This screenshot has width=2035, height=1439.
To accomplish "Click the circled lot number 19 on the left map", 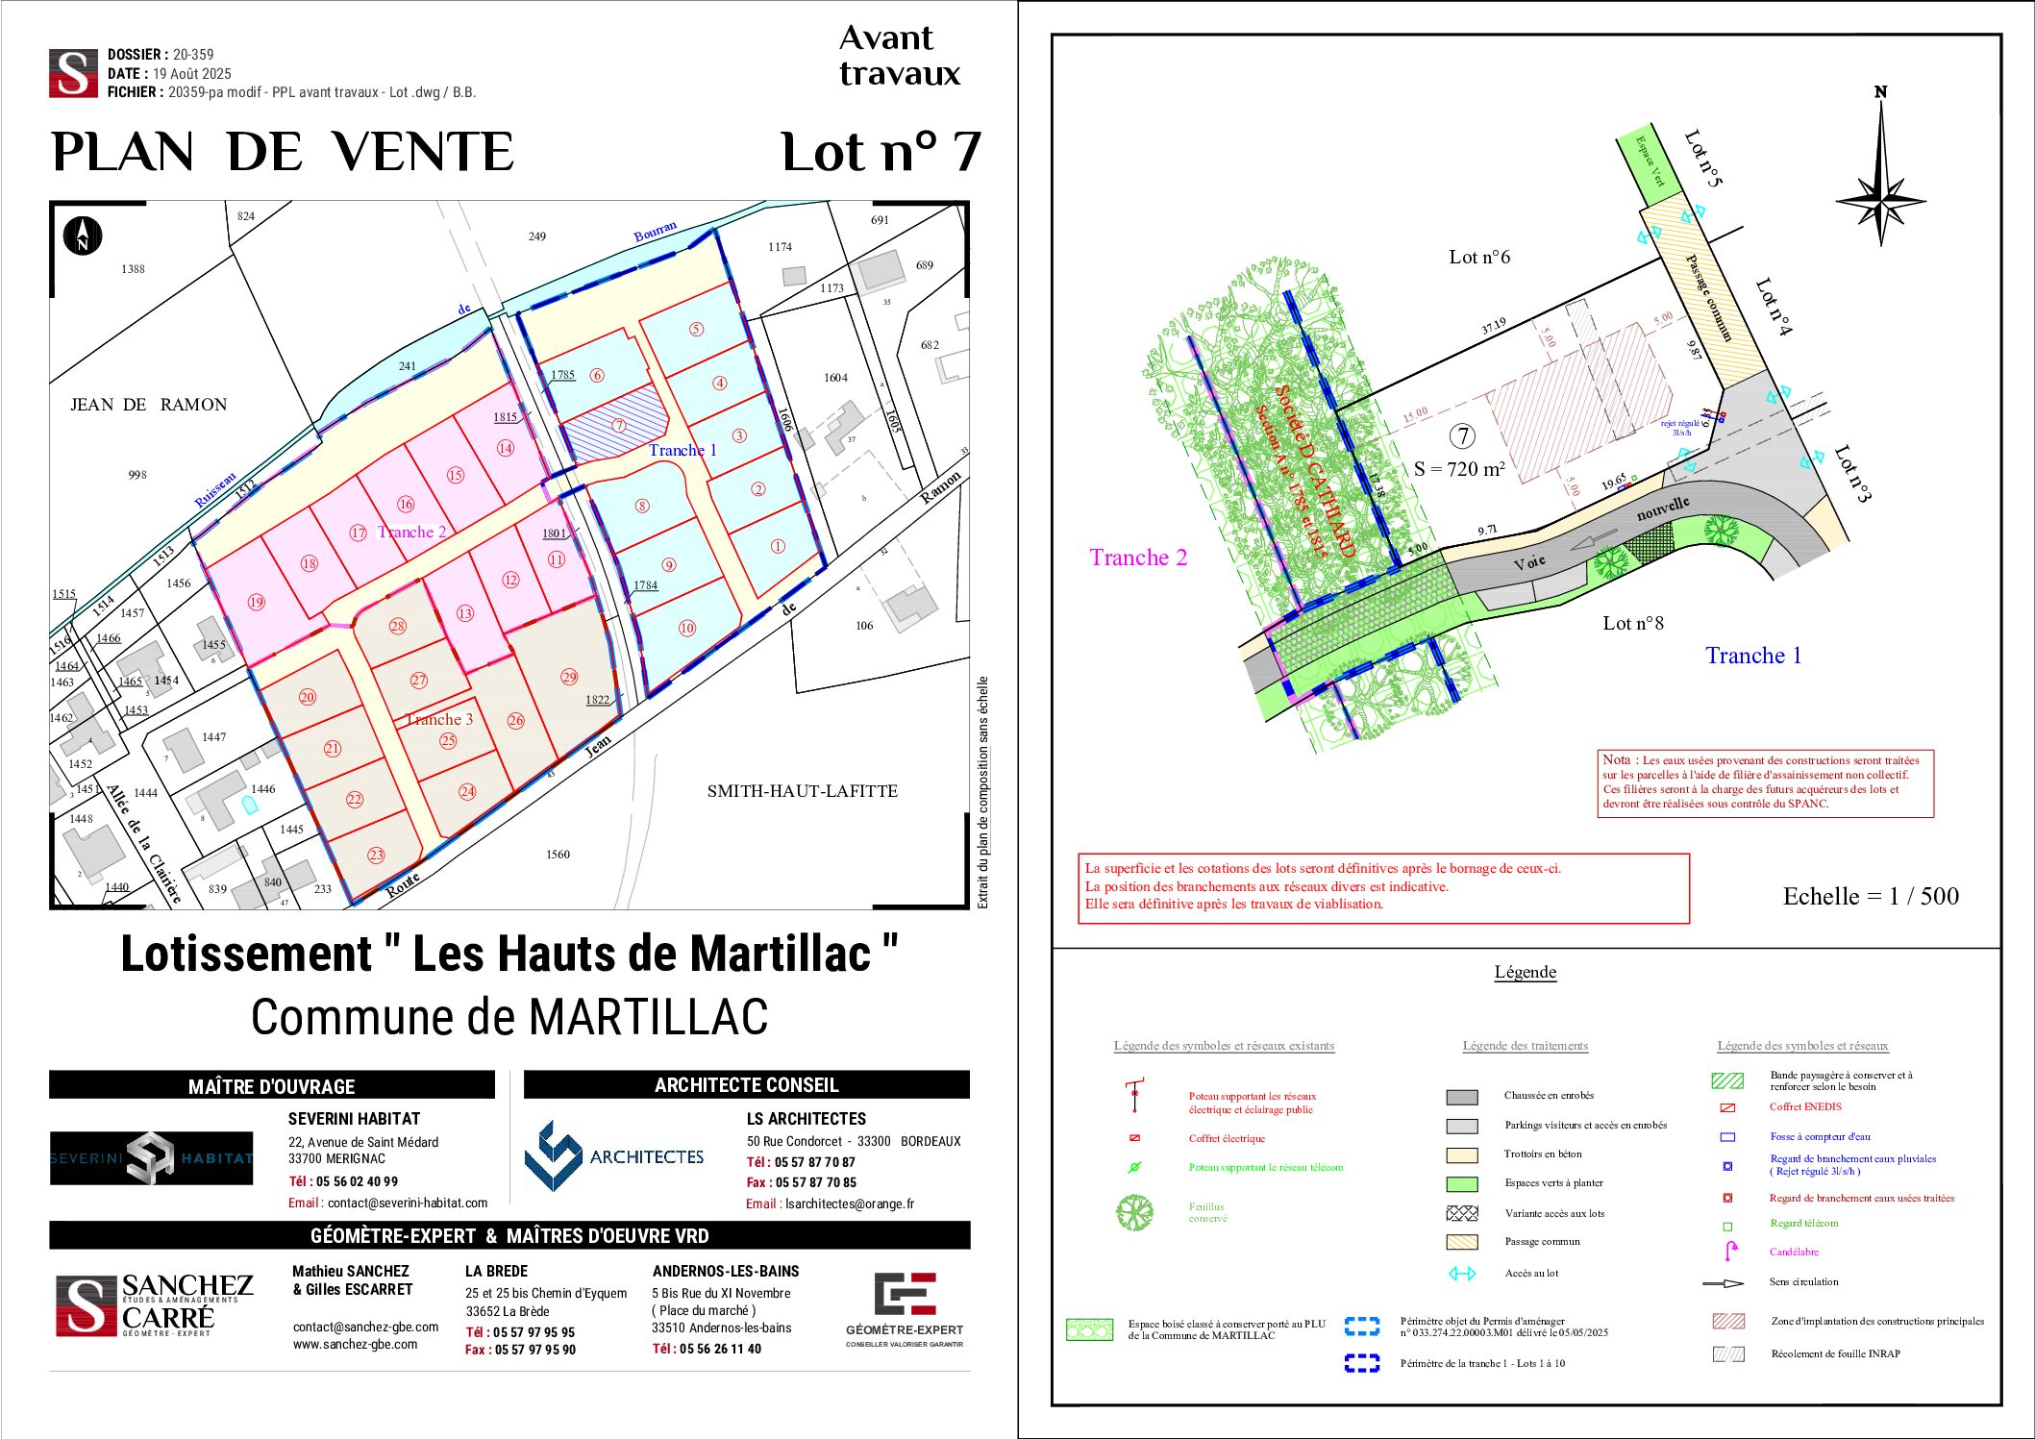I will click(x=256, y=602).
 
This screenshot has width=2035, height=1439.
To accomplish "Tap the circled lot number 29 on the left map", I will click(x=569, y=677).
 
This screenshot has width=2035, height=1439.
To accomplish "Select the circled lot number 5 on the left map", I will click(x=696, y=329).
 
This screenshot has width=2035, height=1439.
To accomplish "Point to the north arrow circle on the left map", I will click(x=83, y=236).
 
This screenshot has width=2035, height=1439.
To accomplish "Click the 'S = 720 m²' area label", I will click(x=1458, y=469).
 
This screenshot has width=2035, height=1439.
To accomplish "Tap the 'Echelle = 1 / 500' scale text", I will click(x=1870, y=896).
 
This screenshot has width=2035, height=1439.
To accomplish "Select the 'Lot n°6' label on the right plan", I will click(x=1479, y=257).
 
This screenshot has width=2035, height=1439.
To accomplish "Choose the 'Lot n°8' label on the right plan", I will click(x=1632, y=623).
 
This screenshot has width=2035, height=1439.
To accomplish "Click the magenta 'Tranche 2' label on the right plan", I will click(x=1138, y=558).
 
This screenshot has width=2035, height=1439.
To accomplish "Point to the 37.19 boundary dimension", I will click(x=1494, y=327).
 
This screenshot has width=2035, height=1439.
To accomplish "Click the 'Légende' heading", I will click(x=1525, y=972).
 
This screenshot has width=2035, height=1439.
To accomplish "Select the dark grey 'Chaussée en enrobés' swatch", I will click(x=1461, y=1097).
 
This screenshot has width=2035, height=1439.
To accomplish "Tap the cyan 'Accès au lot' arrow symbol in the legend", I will click(x=1461, y=1274).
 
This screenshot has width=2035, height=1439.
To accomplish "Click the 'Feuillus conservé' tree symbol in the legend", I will click(x=1134, y=1212).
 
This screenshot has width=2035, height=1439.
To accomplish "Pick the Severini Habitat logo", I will click(x=152, y=1157).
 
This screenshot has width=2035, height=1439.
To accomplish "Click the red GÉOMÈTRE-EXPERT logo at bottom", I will click(x=904, y=1295).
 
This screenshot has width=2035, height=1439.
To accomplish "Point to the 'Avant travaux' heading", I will click(x=899, y=55).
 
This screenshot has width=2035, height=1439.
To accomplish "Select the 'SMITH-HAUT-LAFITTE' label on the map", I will click(x=802, y=791).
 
